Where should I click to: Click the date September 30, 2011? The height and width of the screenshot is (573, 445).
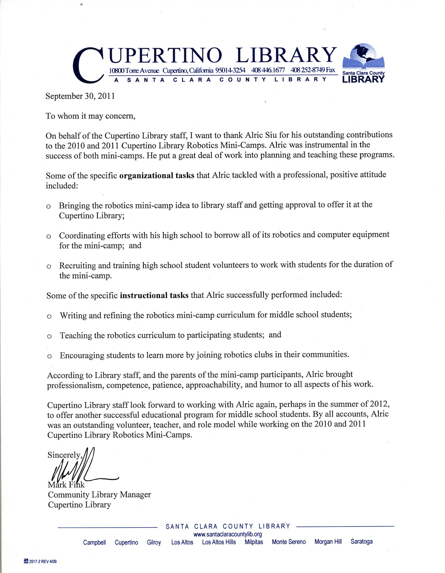80,96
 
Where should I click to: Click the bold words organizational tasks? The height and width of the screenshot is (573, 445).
157,175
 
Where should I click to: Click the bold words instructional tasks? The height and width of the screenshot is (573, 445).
154,295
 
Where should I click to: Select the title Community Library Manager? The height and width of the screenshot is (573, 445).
99,495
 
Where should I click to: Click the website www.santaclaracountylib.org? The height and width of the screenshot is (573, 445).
227,534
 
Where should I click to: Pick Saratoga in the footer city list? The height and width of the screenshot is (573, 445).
362,542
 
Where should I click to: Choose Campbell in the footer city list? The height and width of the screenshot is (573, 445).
95,542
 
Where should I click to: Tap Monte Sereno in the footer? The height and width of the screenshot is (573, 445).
289,542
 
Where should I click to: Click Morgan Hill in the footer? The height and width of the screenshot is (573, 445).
328,542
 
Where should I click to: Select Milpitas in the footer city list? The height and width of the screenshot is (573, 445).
254,542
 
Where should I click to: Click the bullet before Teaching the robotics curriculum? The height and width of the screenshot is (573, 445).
49,337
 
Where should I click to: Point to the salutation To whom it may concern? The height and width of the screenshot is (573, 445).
90,116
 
